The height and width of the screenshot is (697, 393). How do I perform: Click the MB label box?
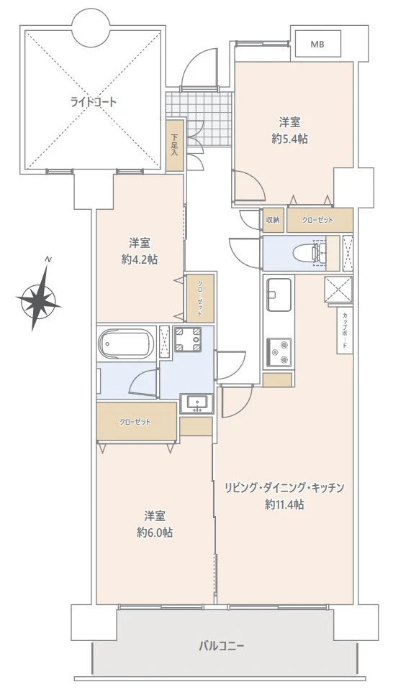[317, 45]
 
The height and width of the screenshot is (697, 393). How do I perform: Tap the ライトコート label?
[93, 102]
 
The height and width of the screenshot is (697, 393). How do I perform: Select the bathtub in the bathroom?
[126, 343]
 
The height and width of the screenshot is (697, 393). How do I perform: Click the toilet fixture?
[309, 252]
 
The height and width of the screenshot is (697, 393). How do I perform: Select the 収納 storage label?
[273, 220]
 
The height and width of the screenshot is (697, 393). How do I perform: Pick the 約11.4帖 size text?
[284, 504]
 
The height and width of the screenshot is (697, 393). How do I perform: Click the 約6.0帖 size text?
[155, 532]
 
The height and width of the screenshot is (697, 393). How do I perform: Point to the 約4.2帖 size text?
[140, 259]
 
